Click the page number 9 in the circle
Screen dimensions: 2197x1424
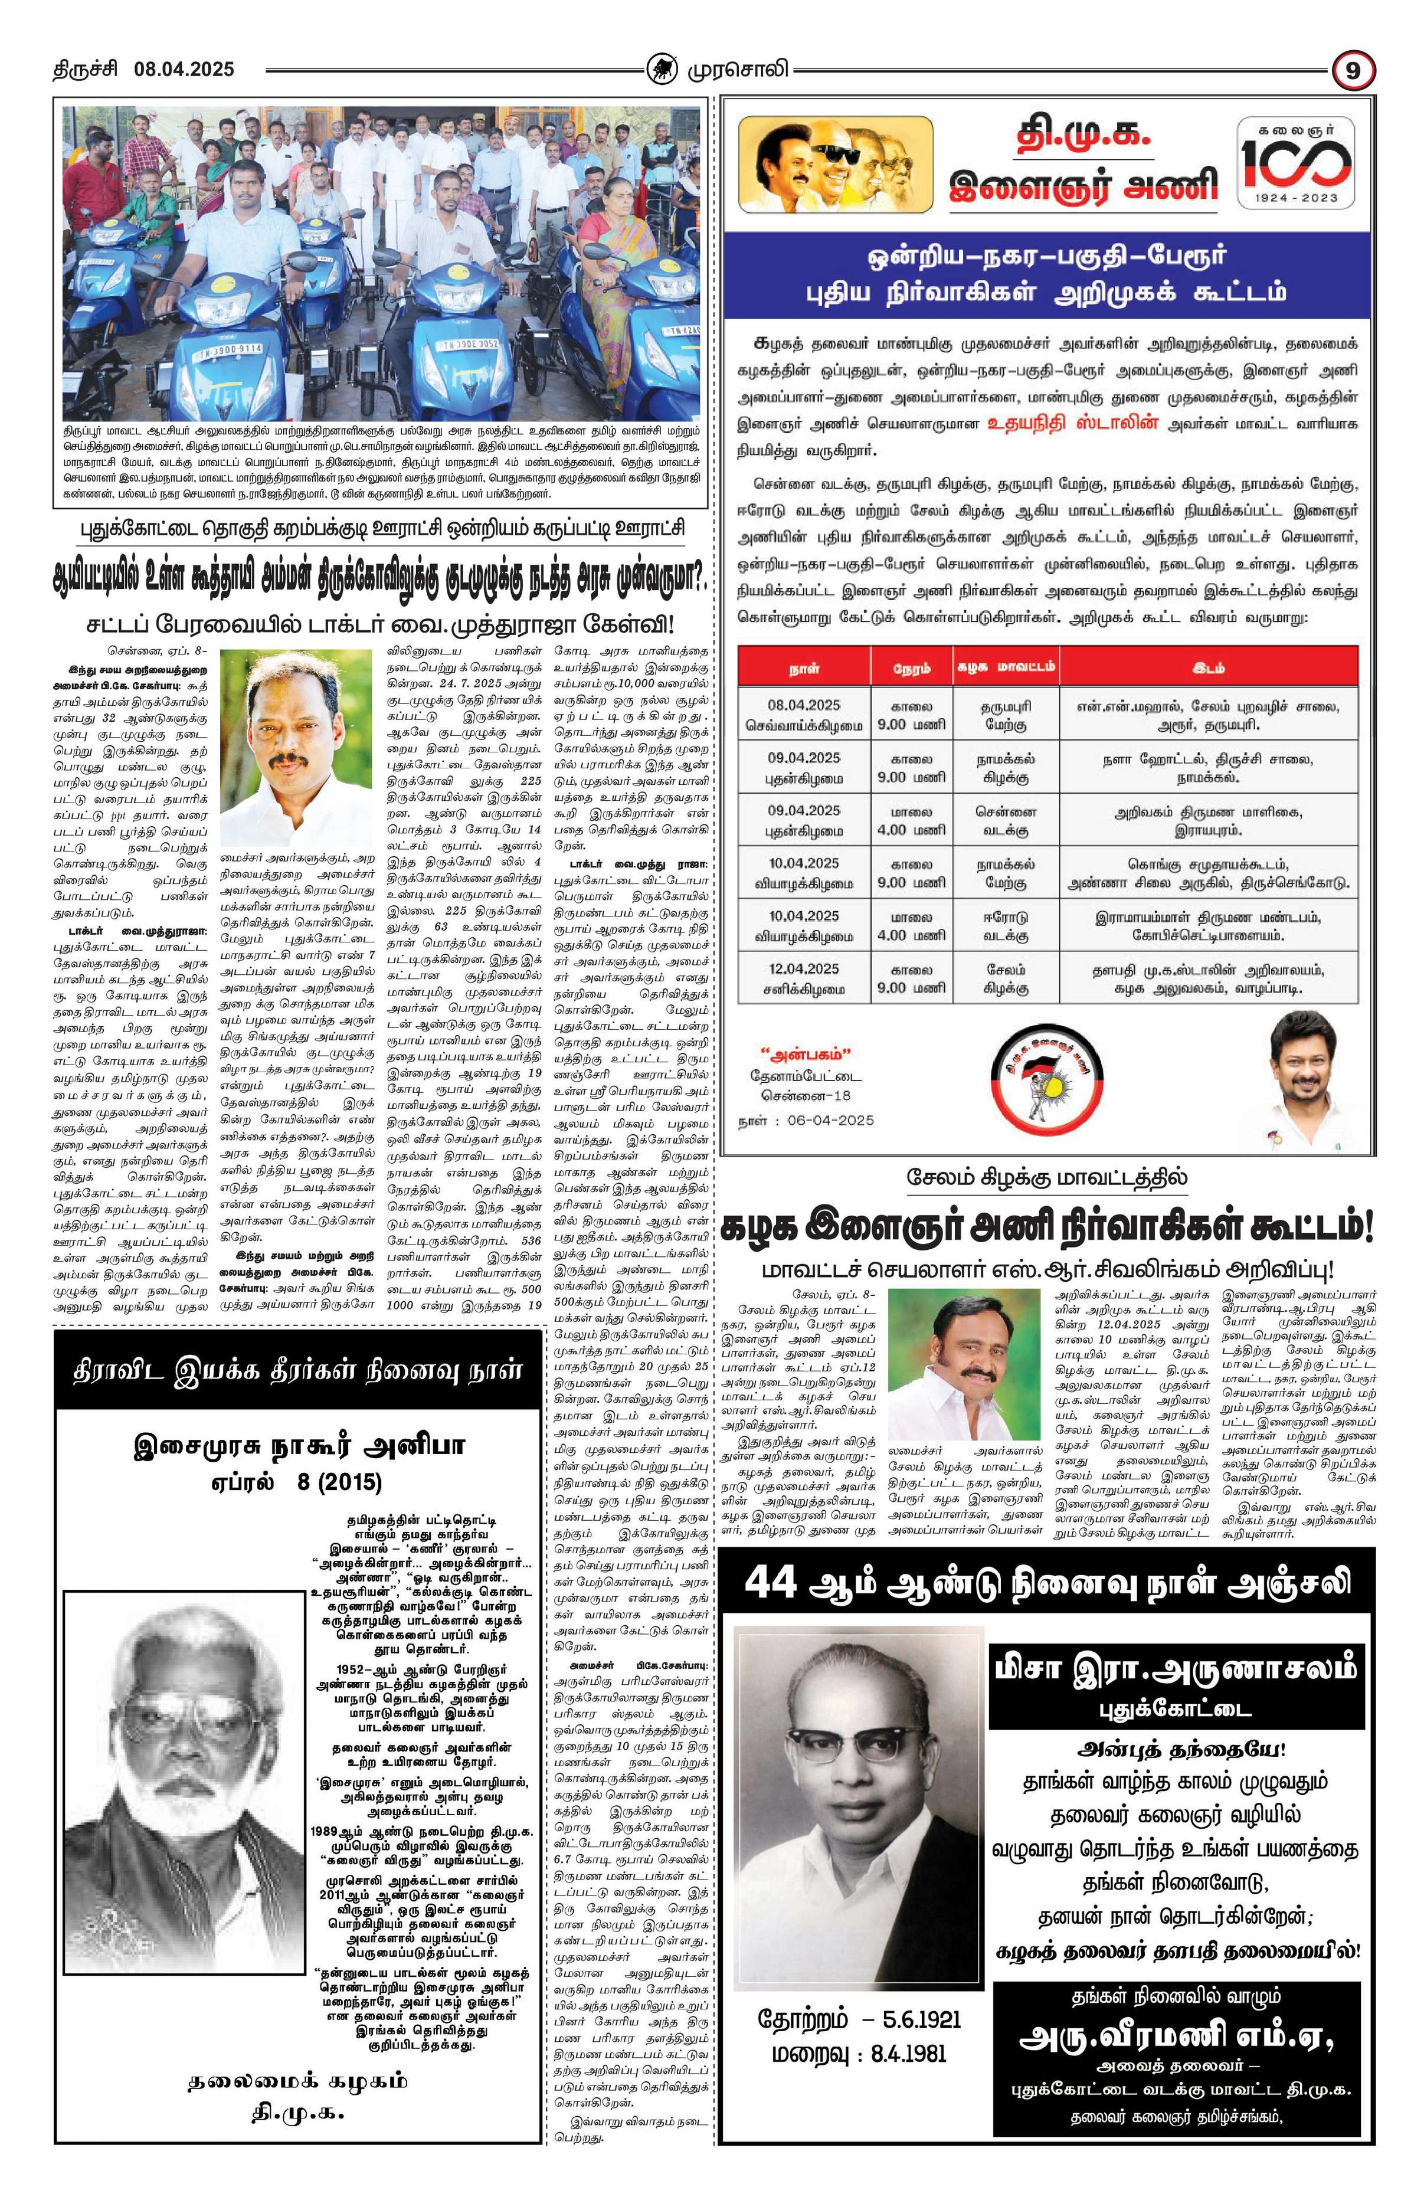[x=1354, y=71]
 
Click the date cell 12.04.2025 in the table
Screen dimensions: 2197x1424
[x=803, y=968]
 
